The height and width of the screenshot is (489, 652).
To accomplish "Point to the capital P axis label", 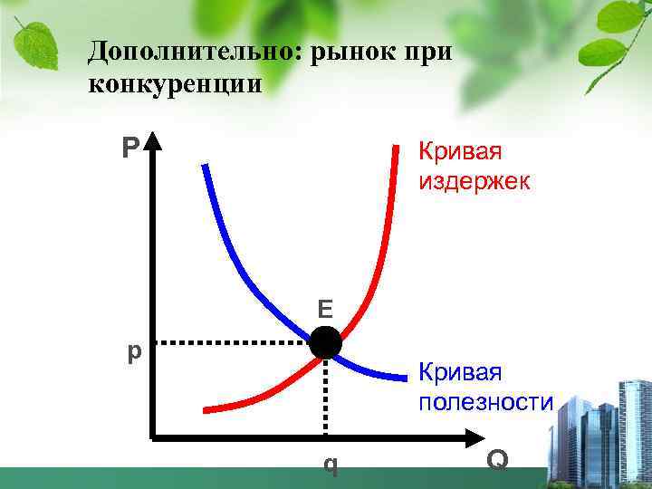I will tap(130, 147).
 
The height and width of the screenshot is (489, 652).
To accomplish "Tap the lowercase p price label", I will tap(133, 350).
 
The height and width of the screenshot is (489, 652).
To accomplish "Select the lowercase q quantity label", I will tap(331, 465).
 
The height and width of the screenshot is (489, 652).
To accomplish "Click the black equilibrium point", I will tap(326, 344).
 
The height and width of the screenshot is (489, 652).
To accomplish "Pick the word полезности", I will tap(484, 401).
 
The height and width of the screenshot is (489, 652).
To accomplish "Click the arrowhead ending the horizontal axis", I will tap(477, 439).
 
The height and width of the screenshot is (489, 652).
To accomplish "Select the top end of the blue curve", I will tap(206, 166).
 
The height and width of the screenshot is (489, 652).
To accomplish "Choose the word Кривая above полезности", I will tap(459, 372).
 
